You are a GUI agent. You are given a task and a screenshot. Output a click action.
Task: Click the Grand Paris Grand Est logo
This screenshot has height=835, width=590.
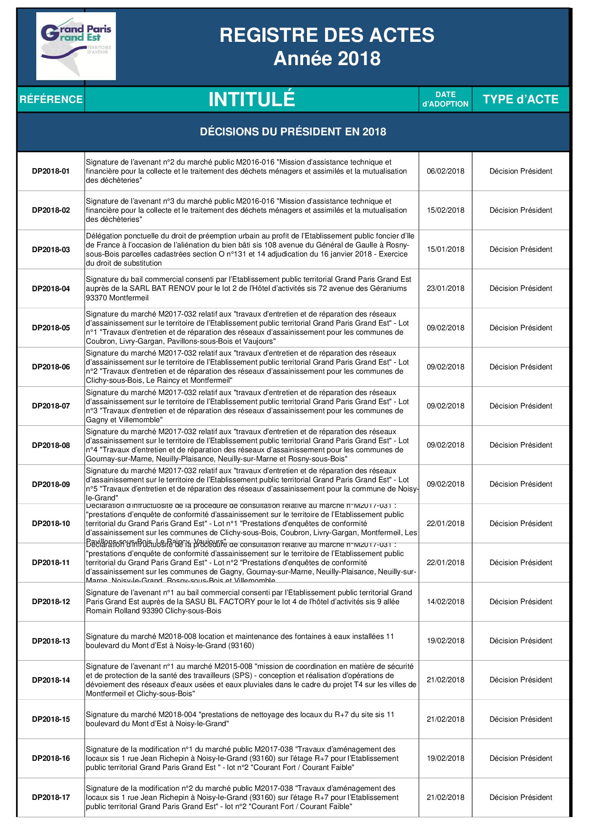click(x=76, y=46)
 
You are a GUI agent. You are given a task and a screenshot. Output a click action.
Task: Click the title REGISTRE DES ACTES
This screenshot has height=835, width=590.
click(x=327, y=35)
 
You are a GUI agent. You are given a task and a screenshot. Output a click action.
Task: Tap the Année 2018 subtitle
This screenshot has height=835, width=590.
click(x=327, y=59)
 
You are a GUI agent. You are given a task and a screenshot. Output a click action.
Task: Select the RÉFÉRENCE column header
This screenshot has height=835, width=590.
click(x=51, y=99)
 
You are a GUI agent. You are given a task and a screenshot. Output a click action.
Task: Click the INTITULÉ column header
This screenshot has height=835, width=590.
click(x=251, y=99)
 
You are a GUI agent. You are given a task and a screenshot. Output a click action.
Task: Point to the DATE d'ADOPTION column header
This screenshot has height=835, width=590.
click(x=445, y=99)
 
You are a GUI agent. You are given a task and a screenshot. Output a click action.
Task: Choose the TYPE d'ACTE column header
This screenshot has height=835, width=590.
click(x=521, y=99)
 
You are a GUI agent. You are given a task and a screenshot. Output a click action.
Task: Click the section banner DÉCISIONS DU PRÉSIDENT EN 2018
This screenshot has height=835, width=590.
click(x=293, y=132)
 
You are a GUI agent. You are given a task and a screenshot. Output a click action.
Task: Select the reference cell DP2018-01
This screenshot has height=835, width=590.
click(x=51, y=171)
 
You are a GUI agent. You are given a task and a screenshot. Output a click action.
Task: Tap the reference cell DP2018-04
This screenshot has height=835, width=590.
click(x=51, y=288)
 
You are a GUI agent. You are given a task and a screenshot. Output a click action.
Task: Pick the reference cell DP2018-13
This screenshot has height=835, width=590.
click(x=51, y=641)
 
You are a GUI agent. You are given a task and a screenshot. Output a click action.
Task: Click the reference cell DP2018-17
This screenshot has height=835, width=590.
click(x=51, y=797)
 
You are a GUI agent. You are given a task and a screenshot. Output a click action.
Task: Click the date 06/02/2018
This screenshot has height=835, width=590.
click(x=445, y=171)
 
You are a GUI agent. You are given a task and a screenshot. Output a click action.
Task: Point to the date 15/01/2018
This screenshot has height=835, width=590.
click(x=445, y=249)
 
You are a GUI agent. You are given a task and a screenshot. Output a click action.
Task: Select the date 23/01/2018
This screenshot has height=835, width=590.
click(x=445, y=288)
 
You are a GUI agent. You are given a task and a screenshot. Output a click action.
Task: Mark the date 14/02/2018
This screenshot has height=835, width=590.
click(x=445, y=601)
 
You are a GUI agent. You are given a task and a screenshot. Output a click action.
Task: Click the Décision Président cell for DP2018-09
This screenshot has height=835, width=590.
click(x=521, y=484)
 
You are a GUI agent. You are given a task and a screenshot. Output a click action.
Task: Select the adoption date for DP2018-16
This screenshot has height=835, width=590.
click(x=445, y=758)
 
